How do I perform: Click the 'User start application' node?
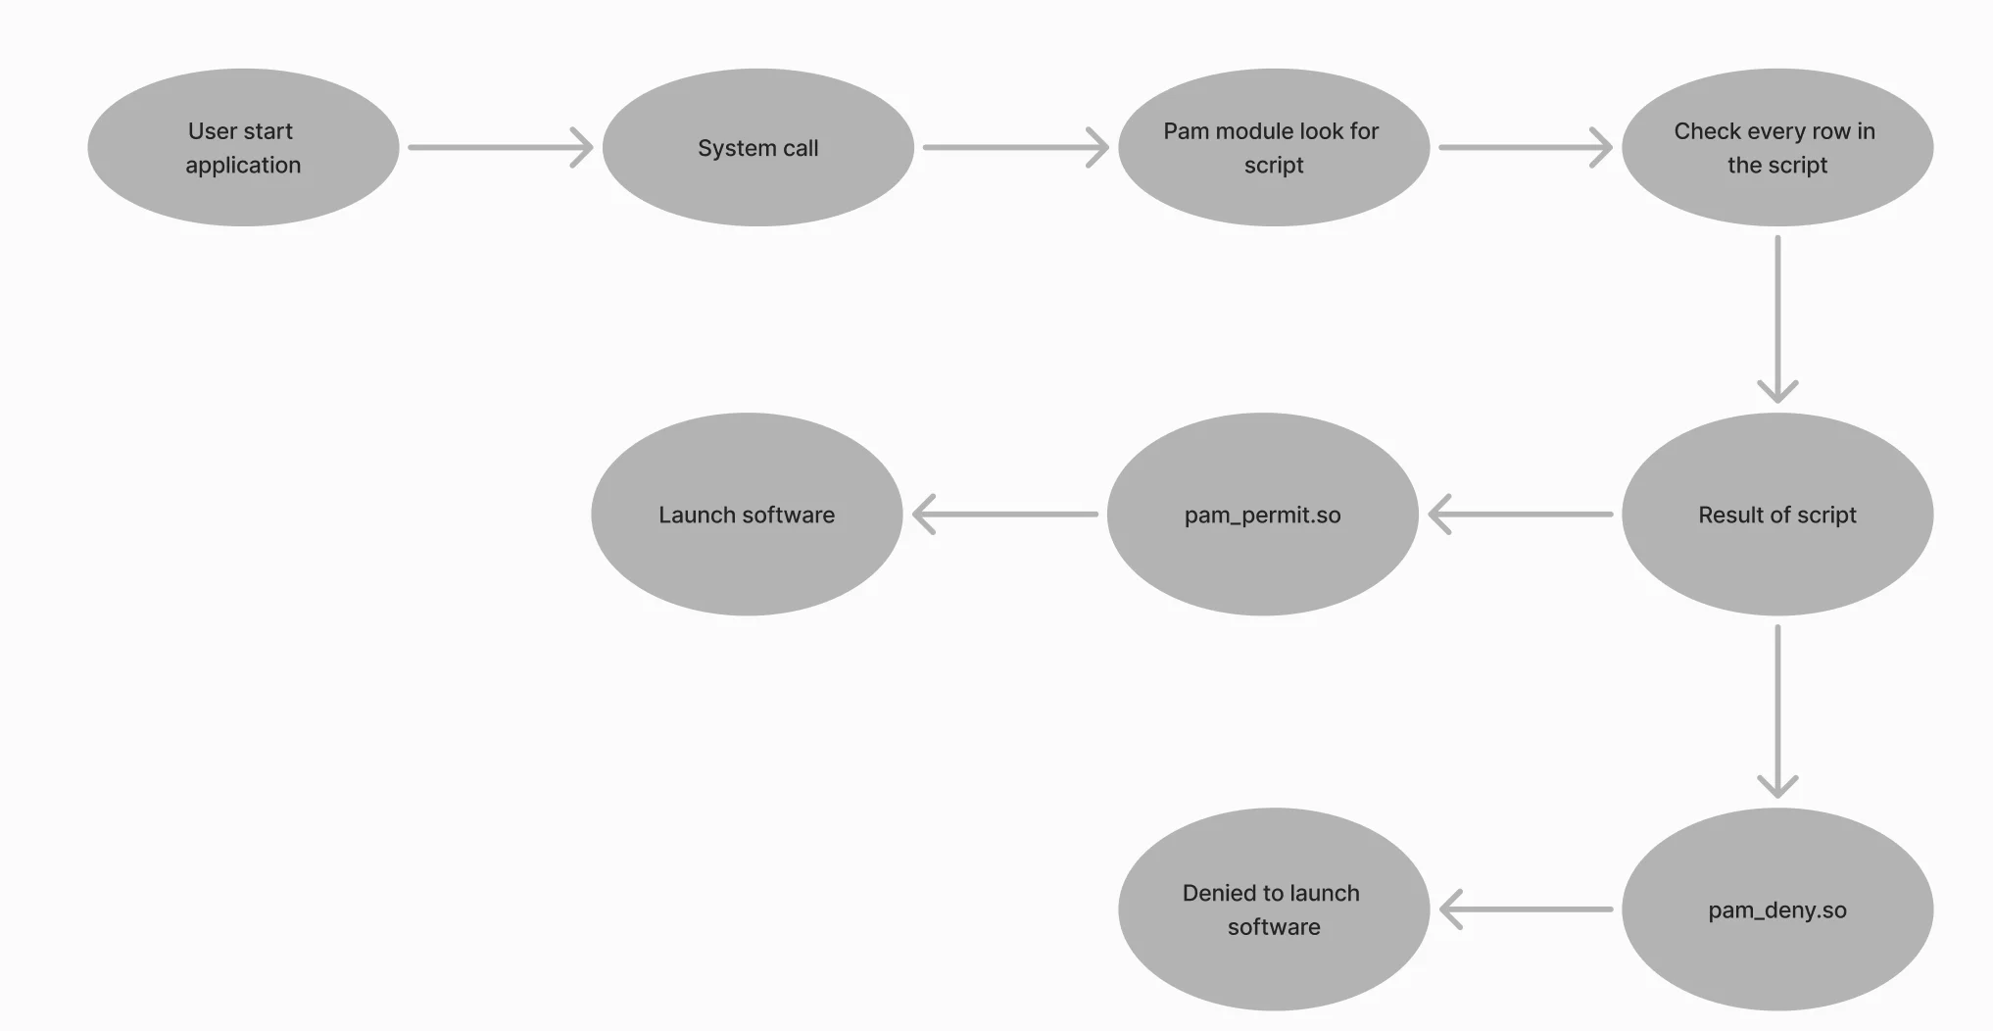click(x=243, y=147)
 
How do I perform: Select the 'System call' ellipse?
click(x=757, y=147)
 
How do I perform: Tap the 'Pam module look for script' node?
click(x=1273, y=147)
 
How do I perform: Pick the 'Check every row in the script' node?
click(x=1776, y=147)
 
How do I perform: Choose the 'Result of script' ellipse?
click(x=1776, y=515)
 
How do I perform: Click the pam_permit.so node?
click(x=1262, y=515)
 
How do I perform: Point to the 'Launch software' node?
click(x=747, y=515)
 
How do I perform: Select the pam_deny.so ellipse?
click(x=1776, y=909)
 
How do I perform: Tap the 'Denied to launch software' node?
click(x=1273, y=909)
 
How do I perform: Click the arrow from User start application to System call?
click(x=500, y=147)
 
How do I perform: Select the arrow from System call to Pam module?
click(x=1015, y=147)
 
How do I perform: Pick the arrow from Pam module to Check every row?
click(x=1525, y=147)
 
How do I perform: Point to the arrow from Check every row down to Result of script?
click(x=1776, y=319)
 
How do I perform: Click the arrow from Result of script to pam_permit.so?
click(x=1521, y=515)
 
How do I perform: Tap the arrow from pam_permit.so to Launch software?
click(x=1005, y=515)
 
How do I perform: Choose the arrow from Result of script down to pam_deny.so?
click(x=1776, y=712)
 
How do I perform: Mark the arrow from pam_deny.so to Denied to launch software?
click(x=1527, y=909)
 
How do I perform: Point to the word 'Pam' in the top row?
click(x=1186, y=131)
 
